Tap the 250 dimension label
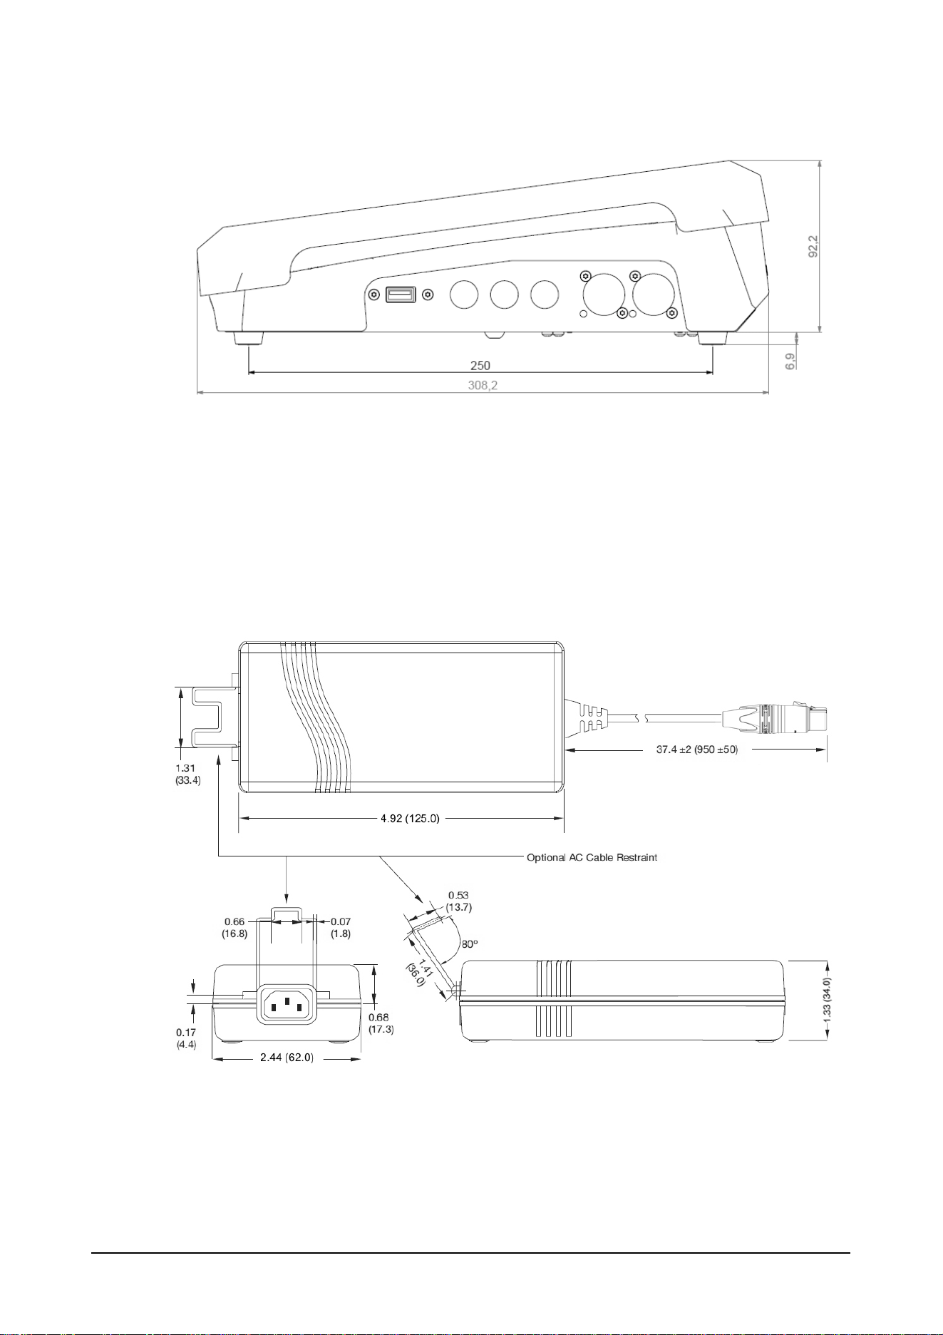480,365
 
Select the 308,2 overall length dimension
483,385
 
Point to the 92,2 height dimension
813,247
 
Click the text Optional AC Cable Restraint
592,857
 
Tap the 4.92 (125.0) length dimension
410,818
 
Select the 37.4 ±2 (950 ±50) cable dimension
696,750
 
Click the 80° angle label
470,943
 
